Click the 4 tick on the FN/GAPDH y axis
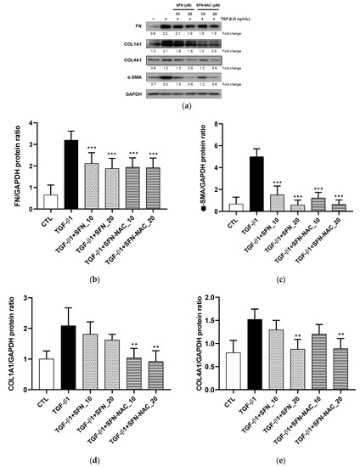click(x=31, y=124)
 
